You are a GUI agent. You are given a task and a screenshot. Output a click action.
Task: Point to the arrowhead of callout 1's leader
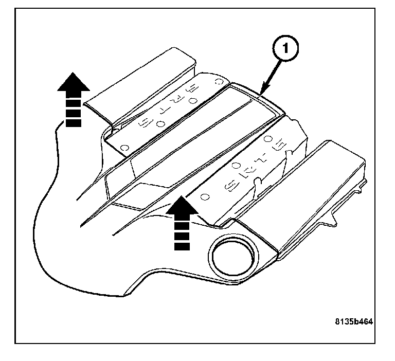click(261, 94)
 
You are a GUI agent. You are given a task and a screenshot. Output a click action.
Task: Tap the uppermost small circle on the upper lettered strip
click(218, 81)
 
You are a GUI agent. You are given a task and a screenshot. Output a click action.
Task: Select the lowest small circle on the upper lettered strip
click(124, 148)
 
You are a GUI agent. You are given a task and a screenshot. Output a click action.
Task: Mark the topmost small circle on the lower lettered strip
click(267, 139)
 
